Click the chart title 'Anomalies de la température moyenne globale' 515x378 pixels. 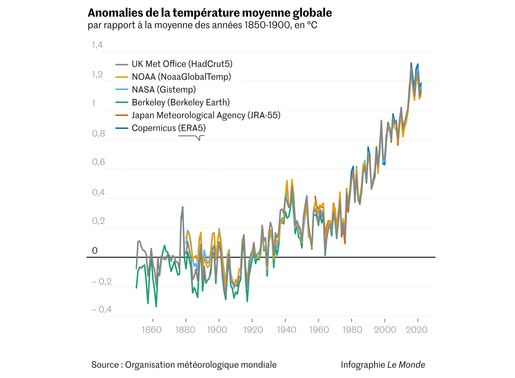(x=210, y=13)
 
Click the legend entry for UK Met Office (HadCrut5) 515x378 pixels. (x=182, y=64)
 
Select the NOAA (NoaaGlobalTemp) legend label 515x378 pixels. (x=181, y=77)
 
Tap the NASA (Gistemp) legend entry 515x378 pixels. (x=164, y=89)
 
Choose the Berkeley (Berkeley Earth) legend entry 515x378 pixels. (x=181, y=102)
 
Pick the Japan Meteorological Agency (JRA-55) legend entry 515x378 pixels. (x=206, y=115)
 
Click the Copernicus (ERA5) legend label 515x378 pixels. (x=169, y=128)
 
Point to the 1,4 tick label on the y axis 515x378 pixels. (x=97, y=45)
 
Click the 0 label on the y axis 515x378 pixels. (x=95, y=251)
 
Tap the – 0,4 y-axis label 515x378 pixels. (x=101, y=309)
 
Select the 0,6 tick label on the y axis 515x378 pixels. (x=98, y=162)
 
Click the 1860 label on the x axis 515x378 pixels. (x=152, y=330)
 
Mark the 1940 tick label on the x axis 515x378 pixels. (x=286, y=330)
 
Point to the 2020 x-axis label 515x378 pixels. (x=416, y=330)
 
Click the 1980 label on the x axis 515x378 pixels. (x=352, y=330)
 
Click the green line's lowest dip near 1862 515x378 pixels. (x=156, y=306)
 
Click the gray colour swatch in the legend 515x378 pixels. (x=122, y=64)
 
